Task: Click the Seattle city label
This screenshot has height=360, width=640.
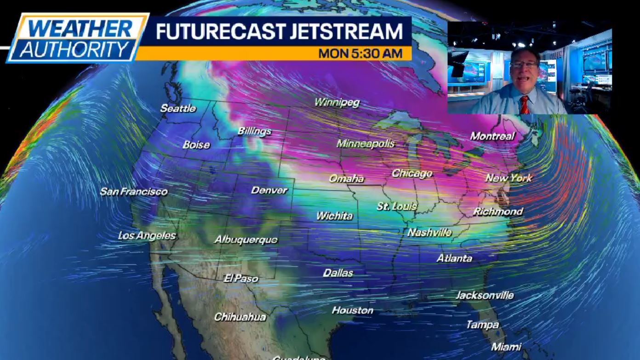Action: tap(178, 109)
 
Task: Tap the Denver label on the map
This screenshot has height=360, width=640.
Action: tap(269, 190)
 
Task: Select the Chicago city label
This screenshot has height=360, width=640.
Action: tap(412, 173)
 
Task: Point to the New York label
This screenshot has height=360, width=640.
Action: tap(509, 178)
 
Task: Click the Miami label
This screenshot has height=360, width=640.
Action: tap(506, 347)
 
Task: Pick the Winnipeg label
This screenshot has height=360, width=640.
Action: tap(337, 103)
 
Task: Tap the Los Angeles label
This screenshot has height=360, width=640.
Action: tap(147, 236)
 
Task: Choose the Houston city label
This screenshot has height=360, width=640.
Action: tap(353, 310)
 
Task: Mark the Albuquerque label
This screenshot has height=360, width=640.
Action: tap(246, 240)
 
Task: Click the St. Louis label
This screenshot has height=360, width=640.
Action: tap(397, 206)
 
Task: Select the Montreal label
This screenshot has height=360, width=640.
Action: tap(492, 136)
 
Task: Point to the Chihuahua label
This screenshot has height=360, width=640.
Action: tap(240, 317)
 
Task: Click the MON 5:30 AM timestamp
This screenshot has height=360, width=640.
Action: tap(360, 53)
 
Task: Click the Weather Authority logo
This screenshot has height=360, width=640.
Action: tap(77, 38)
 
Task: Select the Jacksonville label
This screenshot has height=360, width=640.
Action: tap(485, 295)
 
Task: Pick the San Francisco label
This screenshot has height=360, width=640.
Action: tap(134, 191)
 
